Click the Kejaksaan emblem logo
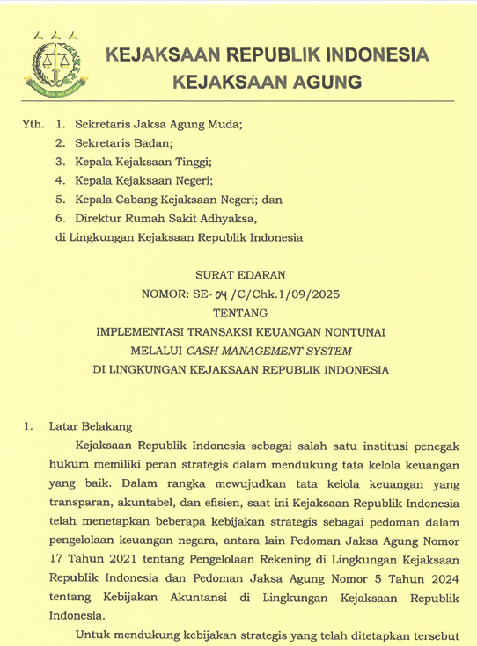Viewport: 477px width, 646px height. point(55,63)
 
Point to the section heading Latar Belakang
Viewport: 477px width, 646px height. point(91,426)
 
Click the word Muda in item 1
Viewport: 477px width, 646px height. point(221,125)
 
